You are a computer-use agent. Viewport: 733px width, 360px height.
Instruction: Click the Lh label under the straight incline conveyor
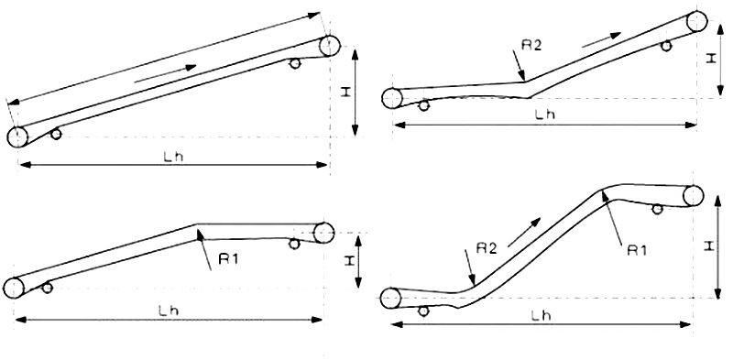click(x=173, y=157)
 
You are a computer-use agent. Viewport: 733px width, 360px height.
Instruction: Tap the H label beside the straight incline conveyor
click(x=345, y=93)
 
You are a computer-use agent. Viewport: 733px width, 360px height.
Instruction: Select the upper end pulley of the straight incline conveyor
click(x=330, y=46)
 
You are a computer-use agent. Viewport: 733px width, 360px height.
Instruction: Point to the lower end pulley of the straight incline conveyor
click(x=17, y=137)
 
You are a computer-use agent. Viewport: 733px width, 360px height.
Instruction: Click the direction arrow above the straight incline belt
click(x=165, y=74)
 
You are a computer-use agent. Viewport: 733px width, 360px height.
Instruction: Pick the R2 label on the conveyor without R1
click(x=531, y=45)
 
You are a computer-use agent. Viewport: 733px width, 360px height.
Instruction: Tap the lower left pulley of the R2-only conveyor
click(x=392, y=98)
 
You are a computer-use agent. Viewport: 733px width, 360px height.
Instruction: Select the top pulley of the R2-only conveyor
click(x=696, y=21)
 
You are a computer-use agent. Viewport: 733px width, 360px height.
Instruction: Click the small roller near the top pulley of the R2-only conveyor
click(x=666, y=46)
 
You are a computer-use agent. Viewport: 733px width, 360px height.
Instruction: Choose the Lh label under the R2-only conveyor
click(x=544, y=115)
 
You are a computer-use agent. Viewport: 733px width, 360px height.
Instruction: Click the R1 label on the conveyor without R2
click(x=228, y=258)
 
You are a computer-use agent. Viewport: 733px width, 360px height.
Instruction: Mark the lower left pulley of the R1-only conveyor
click(x=14, y=288)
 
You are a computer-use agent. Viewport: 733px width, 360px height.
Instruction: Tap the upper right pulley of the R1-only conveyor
click(x=323, y=233)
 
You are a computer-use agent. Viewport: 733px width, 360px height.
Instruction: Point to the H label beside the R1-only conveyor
click(x=348, y=262)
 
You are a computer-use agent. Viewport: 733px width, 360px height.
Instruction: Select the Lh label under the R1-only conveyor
click(x=169, y=311)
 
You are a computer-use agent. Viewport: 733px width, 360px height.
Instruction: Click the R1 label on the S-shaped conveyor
click(x=637, y=251)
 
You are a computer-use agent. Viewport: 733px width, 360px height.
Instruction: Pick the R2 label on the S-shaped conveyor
click(x=487, y=248)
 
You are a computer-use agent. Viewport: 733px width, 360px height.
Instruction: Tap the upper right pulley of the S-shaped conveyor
click(x=693, y=196)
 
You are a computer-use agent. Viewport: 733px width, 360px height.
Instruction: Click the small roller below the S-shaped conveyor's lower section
click(x=423, y=311)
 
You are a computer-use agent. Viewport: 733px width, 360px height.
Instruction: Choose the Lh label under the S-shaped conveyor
click(x=541, y=316)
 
